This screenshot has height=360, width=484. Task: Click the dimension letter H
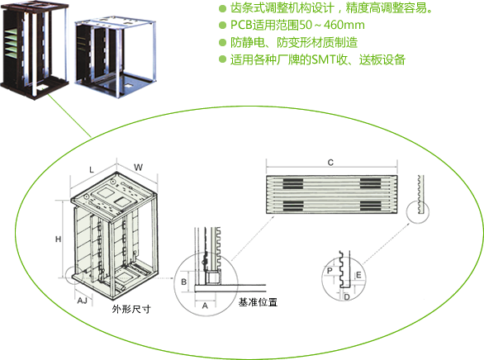[58, 239]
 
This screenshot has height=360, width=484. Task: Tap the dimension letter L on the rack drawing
[92, 169]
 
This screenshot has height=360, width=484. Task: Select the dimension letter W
[138, 168]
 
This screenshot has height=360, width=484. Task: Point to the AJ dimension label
[82, 301]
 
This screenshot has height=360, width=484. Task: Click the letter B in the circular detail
[183, 282]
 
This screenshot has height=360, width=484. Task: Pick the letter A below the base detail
[205, 306]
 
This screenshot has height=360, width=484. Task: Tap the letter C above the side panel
[330, 163]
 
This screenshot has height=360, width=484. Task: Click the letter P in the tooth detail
[330, 271]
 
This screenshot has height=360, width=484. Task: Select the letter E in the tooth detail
[358, 275]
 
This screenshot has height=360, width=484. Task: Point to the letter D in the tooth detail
[347, 297]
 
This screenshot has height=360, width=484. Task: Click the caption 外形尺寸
[131, 309]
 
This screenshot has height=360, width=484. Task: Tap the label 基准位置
[258, 302]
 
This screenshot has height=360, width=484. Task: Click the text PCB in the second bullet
[241, 25]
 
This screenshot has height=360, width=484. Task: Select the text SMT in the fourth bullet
[324, 59]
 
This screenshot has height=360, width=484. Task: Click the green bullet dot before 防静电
[222, 42]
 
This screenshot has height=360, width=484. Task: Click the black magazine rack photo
[35, 50]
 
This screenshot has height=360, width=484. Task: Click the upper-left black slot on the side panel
[293, 183]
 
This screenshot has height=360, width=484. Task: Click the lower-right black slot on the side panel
[370, 206]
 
